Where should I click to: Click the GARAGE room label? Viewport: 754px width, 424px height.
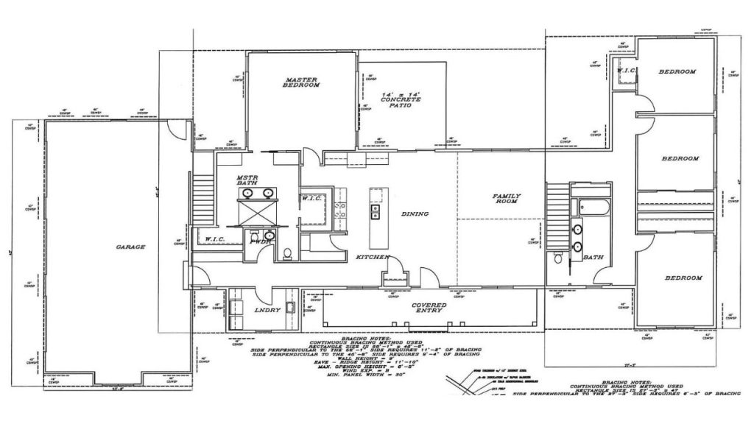click(130, 247)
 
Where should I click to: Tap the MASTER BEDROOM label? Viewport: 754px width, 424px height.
click(302, 82)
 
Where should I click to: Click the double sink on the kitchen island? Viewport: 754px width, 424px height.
click(375, 213)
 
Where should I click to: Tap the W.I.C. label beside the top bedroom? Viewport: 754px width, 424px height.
click(626, 71)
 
